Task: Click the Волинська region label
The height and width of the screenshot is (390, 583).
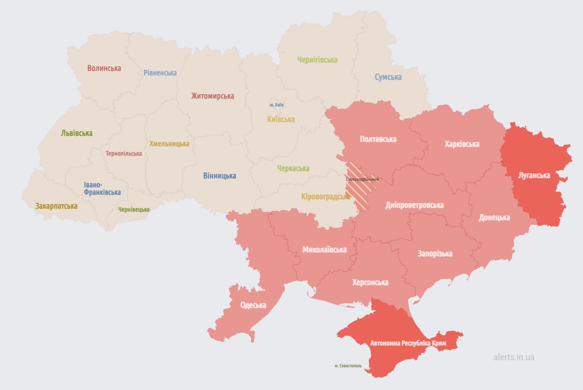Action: (x=104, y=68)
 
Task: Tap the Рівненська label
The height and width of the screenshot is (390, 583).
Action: (x=160, y=73)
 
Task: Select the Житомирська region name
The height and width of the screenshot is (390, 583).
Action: (x=212, y=96)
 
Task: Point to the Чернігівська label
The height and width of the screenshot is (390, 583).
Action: (x=317, y=60)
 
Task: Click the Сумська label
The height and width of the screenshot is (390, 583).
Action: (x=388, y=77)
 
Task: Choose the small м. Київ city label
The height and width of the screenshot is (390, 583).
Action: (x=277, y=105)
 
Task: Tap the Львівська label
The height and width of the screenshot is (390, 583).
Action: (x=77, y=133)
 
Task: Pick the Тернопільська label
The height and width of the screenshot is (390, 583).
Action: (x=124, y=154)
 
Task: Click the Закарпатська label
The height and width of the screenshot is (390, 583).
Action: (x=56, y=206)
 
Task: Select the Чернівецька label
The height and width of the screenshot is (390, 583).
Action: (x=134, y=210)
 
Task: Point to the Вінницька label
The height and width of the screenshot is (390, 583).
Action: (x=219, y=176)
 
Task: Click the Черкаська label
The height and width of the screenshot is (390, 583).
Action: (x=293, y=168)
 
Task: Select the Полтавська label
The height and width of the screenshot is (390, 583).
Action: (x=378, y=139)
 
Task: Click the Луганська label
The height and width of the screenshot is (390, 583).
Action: (x=533, y=175)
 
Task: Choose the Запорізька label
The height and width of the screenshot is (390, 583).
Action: (x=435, y=254)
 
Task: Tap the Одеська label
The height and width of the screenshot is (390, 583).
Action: (x=253, y=305)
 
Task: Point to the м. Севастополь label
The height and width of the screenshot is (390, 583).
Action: (x=348, y=366)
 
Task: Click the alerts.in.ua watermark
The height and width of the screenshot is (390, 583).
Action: (x=514, y=357)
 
